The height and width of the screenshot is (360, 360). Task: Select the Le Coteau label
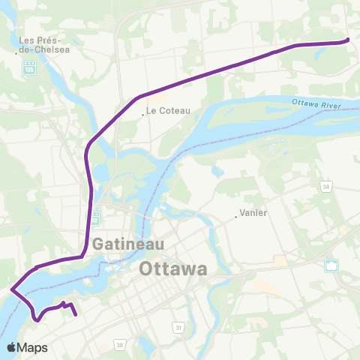click(169, 110)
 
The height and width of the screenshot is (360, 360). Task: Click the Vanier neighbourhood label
click(253, 212)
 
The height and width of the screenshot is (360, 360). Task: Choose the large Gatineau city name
click(124, 245)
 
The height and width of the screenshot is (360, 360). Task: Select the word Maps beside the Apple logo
click(34, 347)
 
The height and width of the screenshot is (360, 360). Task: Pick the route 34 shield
click(326, 184)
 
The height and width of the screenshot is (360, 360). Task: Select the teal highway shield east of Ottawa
click(331, 265)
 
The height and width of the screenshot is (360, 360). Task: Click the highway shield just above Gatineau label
click(94, 219)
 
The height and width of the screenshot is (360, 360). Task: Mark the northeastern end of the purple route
click(347, 40)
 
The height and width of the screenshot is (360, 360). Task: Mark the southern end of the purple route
click(76, 316)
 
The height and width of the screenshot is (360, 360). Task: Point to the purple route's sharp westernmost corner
click(10, 288)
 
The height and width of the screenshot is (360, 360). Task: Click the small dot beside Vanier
click(235, 217)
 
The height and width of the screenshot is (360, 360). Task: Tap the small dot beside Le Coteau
click(142, 115)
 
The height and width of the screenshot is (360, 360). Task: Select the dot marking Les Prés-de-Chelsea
click(16, 52)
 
